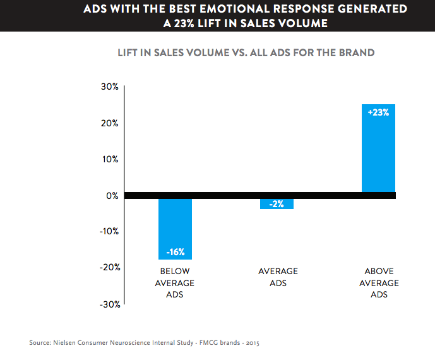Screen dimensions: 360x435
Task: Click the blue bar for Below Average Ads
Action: tap(175, 229)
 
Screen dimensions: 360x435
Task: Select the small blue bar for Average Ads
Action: tap(277, 204)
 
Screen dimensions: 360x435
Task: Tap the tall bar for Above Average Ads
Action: tap(378, 148)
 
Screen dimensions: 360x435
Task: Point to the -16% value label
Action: tap(175, 252)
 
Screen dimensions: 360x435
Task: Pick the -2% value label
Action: tap(277, 204)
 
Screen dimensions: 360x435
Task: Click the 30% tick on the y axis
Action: tap(109, 87)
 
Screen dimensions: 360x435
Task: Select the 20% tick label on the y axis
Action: tap(109, 123)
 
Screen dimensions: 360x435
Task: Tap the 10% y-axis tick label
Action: tap(109, 159)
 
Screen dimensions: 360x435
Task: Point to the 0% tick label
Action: tap(111, 196)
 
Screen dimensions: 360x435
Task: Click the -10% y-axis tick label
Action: tap(108, 231)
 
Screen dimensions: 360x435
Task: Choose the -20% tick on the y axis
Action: tap(108, 267)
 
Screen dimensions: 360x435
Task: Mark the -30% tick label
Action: tap(108, 304)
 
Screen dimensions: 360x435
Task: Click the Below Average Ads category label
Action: tap(175, 283)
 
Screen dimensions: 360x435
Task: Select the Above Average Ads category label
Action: tap(379, 283)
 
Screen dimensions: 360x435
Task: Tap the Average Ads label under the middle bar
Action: tap(278, 277)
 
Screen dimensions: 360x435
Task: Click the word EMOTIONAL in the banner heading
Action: tap(221, 9)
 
